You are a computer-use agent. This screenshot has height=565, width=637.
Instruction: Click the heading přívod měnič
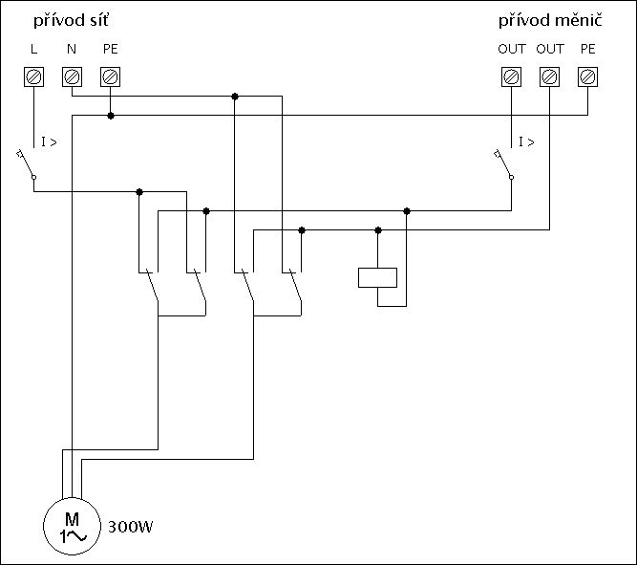tap(550, 20)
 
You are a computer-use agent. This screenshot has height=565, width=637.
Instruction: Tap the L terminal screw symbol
tap(33, 76)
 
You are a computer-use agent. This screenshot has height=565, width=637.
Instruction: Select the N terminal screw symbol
tap(72, 76)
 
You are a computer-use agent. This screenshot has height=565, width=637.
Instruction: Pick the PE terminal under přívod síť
tap(110, 76)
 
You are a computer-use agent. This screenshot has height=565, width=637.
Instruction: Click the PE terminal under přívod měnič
tap(587, 76)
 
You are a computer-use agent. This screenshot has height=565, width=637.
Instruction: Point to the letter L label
tap(33, 49)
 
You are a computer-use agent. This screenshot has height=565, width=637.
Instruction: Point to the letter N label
tap(72, 49)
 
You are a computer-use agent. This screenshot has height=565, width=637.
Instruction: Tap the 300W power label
tap(132, 527)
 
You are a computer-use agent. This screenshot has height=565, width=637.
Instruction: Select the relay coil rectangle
tap(377, 277)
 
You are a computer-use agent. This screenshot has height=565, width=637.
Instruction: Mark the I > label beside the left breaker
tap(49, 142)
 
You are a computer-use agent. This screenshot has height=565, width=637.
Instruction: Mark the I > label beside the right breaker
tap(526, 142)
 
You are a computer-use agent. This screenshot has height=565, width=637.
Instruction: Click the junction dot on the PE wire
tap(111, 115)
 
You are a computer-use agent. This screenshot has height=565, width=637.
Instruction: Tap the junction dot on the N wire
tap(235, 96)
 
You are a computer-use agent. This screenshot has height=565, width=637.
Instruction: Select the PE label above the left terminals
tap(110, 49)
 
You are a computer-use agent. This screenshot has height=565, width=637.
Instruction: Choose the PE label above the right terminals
tap(587, 49)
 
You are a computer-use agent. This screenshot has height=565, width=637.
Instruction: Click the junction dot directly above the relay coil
tap(378, 229)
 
